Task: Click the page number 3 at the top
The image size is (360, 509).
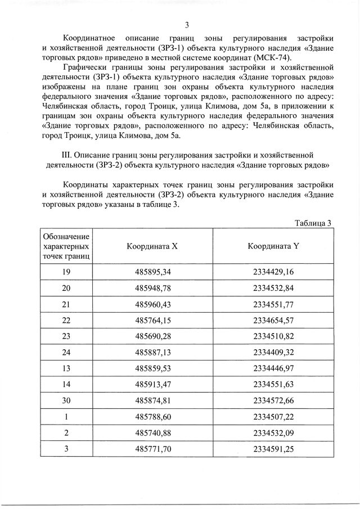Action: [x=187, y=24]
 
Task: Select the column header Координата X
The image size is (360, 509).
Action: [x=152, y=246]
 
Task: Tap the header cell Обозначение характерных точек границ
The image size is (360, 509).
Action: [x=66, y=246]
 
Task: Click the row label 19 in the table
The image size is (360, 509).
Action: [x=66, y=272]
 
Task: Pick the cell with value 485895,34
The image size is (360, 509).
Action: [x=152, y=272]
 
